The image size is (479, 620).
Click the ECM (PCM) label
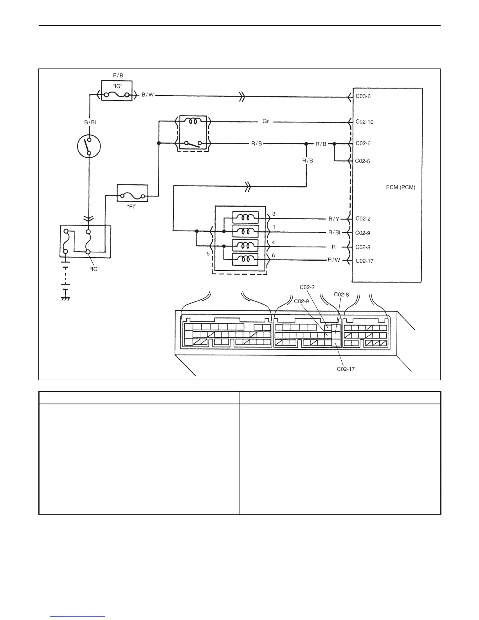[x=400, y=187]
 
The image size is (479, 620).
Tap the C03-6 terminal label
[x=363, y=96]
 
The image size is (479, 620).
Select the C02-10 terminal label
[x=364, y=122]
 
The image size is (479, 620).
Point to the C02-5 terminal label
[x=362, y=161]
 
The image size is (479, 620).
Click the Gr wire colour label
[x=266, y=122]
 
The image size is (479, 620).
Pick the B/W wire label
[x=148, y=95]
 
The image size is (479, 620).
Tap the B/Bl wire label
[x=90, y=122]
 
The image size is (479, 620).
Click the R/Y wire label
[x=334, y=219]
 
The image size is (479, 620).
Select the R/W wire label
[x=334, y=260]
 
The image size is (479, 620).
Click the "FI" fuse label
[x=132, y=207]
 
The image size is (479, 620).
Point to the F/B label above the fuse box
[x=118, y=75]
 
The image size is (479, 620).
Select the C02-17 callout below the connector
[x=346, y=369]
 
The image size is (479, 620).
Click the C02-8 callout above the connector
[x=341, y=294]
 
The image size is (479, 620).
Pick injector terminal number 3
[x=274, y=214]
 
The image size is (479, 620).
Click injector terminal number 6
[x=273, y=255]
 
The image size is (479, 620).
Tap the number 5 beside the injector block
[x=208, y=253]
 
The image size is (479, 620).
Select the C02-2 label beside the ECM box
[x=363, y=219]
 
